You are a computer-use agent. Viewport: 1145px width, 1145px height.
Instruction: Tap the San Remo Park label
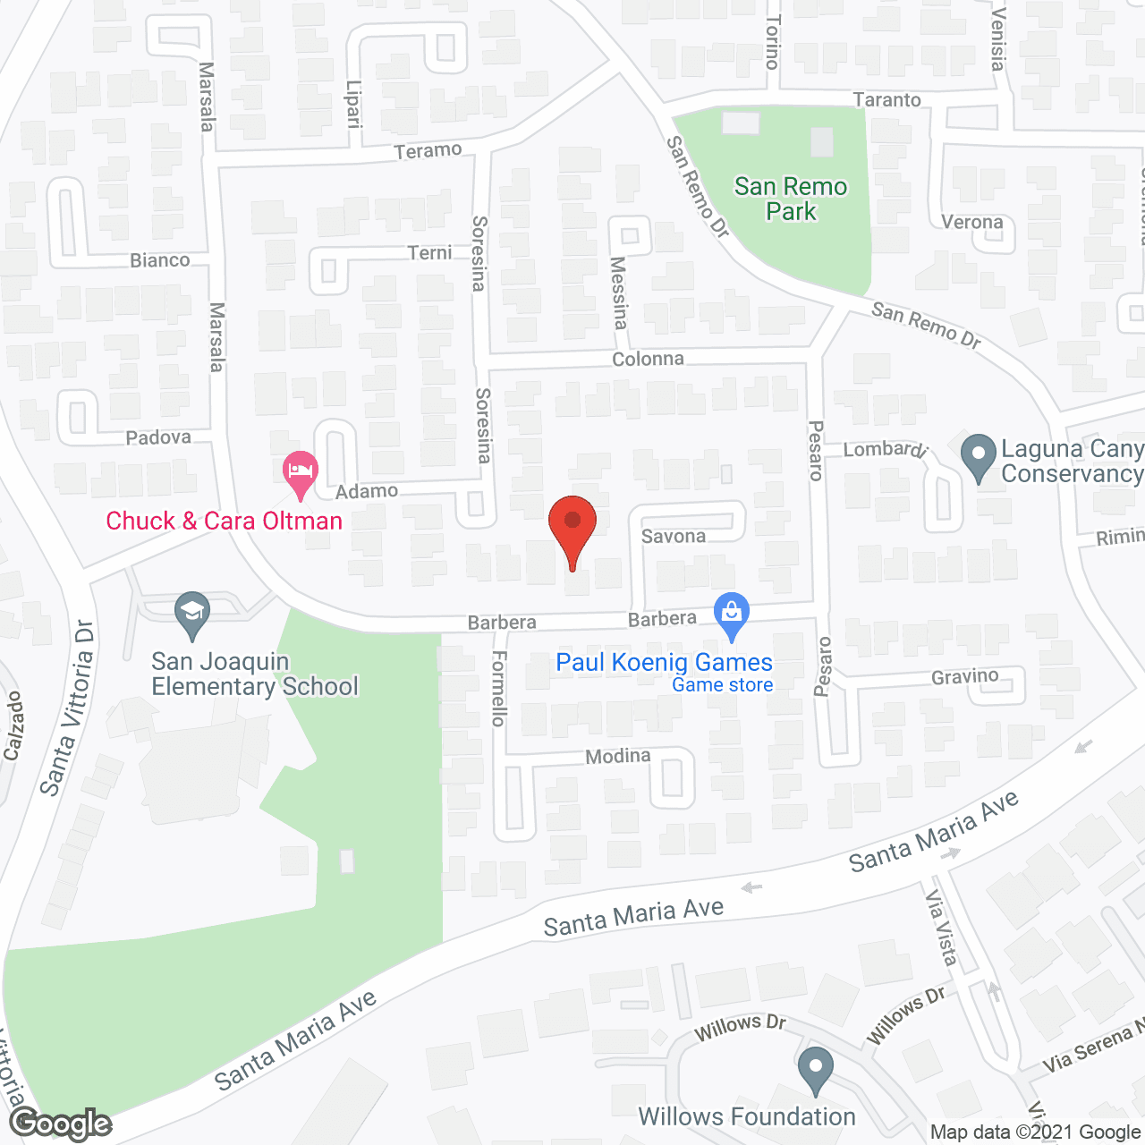point(791,199)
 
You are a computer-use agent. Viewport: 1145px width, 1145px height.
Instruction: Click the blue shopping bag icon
point(732,614)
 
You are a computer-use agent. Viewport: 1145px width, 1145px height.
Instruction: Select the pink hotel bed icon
point(301,471)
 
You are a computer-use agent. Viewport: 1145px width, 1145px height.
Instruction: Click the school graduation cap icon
point(191,613)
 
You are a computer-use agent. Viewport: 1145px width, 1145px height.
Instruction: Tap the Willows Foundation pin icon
point(815,1068)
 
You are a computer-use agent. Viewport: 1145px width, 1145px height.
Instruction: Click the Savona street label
point(674,536)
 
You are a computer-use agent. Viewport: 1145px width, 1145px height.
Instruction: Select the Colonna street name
point(648,359)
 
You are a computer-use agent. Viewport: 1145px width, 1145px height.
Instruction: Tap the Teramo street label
point(428,150)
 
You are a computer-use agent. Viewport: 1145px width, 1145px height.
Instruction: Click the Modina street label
point(618,756)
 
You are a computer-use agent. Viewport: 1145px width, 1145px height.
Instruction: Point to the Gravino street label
point(964,676)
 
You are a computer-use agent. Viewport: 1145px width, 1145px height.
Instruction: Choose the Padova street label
point(158,437)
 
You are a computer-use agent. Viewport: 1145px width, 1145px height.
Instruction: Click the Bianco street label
point(160,260)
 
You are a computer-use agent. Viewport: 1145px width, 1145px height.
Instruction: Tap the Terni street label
point(430,253)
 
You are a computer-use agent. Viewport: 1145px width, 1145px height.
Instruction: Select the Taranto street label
point(886,100)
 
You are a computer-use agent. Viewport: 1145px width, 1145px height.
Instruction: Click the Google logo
point(61,1124)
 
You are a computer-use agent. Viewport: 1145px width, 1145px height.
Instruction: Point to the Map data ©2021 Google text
point(1036,1132)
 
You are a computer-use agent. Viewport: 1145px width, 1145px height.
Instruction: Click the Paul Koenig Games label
point(664,663)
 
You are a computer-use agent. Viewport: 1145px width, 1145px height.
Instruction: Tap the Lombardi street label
point(885,449)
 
